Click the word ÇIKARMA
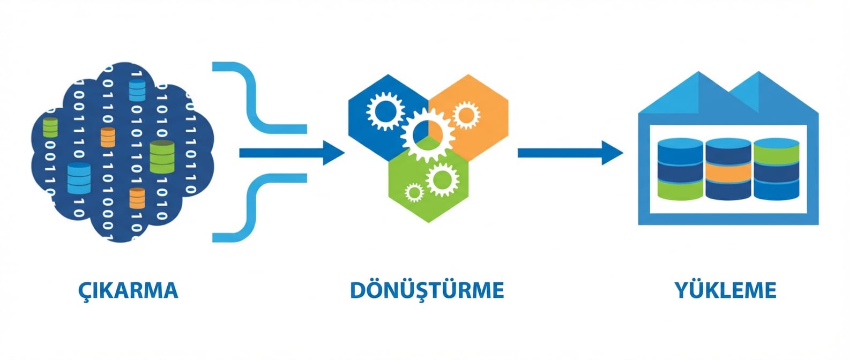128,290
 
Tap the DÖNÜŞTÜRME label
427,290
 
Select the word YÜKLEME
725,290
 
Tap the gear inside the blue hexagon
385,111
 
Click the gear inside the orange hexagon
465,114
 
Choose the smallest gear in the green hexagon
413,192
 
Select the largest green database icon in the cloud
162,156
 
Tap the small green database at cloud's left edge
50,127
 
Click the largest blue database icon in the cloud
79,178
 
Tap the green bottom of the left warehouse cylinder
680,190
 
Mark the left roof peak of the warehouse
698,77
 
